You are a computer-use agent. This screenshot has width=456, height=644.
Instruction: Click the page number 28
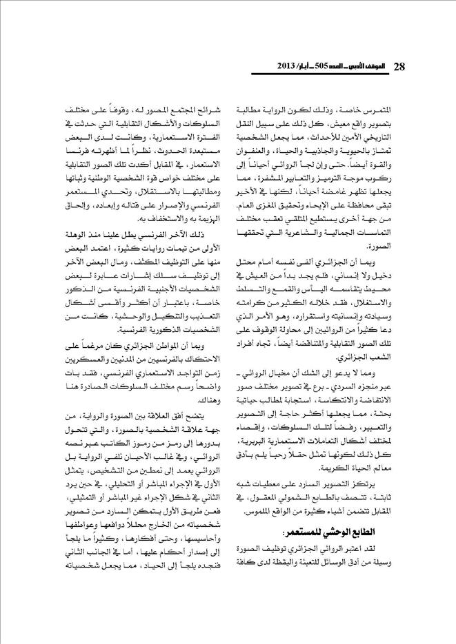pos(399,67)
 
